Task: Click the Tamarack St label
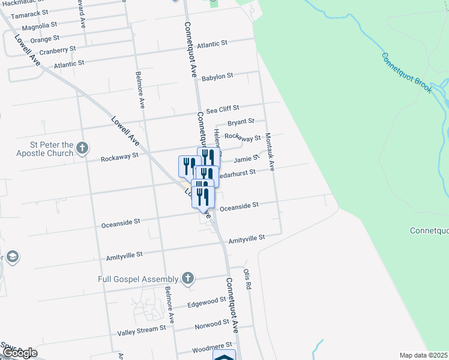(30, 14)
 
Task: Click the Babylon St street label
(217, 77)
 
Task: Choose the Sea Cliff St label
(223, 109)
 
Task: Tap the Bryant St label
(241, 122)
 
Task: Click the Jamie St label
(246, 158)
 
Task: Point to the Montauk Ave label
(270, 152)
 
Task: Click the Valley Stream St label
(141, 329)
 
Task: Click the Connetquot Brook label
(407, 73)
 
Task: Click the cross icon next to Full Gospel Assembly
(188, 278)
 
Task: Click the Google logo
(19, 353)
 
